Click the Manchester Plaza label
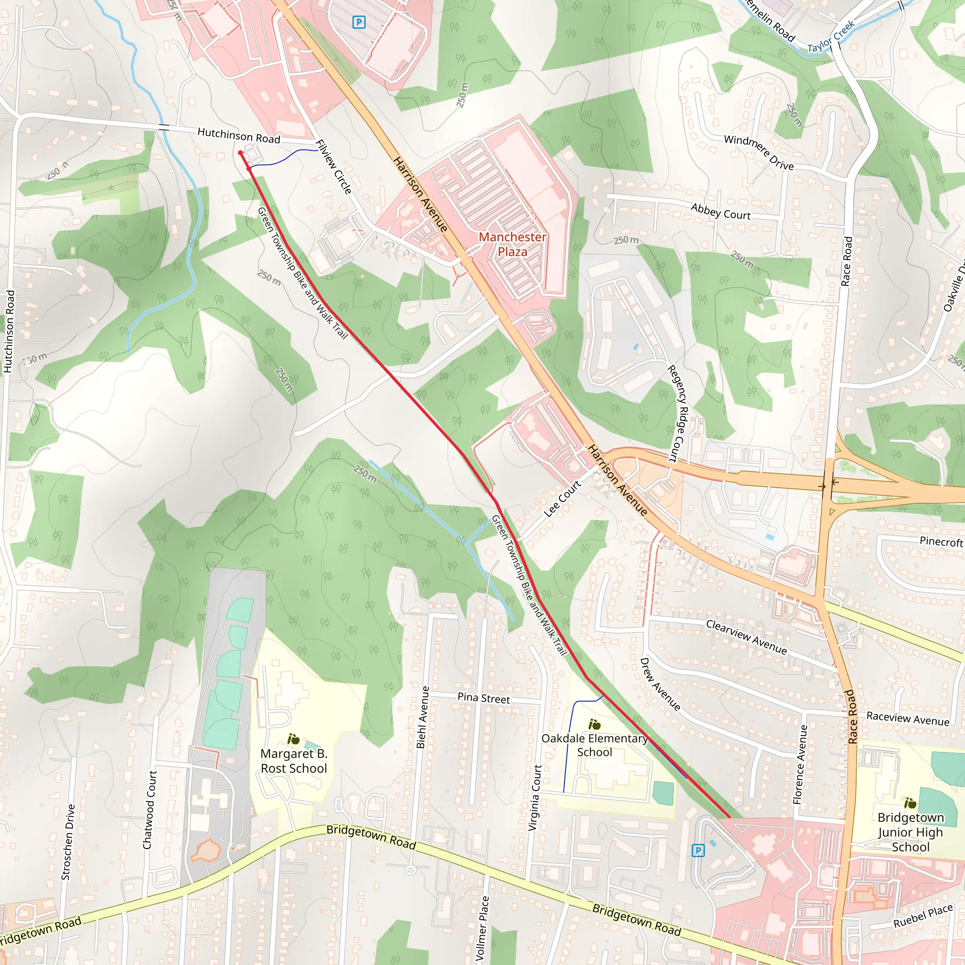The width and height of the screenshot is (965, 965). tap(513, 244)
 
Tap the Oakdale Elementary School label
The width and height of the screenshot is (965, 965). tap(594, 745)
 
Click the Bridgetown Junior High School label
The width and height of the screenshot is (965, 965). tap(910, 832)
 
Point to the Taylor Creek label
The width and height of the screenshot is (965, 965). tap(831, 37)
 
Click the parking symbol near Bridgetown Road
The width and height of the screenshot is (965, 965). tap(698, 850)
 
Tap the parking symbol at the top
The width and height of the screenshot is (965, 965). tap(359, 22)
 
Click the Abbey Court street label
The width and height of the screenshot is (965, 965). tap(720, 212)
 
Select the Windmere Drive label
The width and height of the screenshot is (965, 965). tap(759, 152)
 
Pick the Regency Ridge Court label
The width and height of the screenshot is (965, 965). tap(679, 413)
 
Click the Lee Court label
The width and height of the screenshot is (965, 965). tap(563, 499)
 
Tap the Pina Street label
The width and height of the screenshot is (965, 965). tap(483, 698)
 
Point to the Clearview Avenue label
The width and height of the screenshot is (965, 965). tap(746, 638)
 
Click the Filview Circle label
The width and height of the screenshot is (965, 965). tap(334, 166)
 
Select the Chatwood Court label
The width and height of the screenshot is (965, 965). tap(150, 810)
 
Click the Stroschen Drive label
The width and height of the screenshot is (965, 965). tap(68, 842)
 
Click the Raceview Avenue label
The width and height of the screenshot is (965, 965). tap(908, 719)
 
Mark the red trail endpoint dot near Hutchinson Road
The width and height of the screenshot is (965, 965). tap(240, 153)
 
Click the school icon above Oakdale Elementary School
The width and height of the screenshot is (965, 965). tap(594, 724)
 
